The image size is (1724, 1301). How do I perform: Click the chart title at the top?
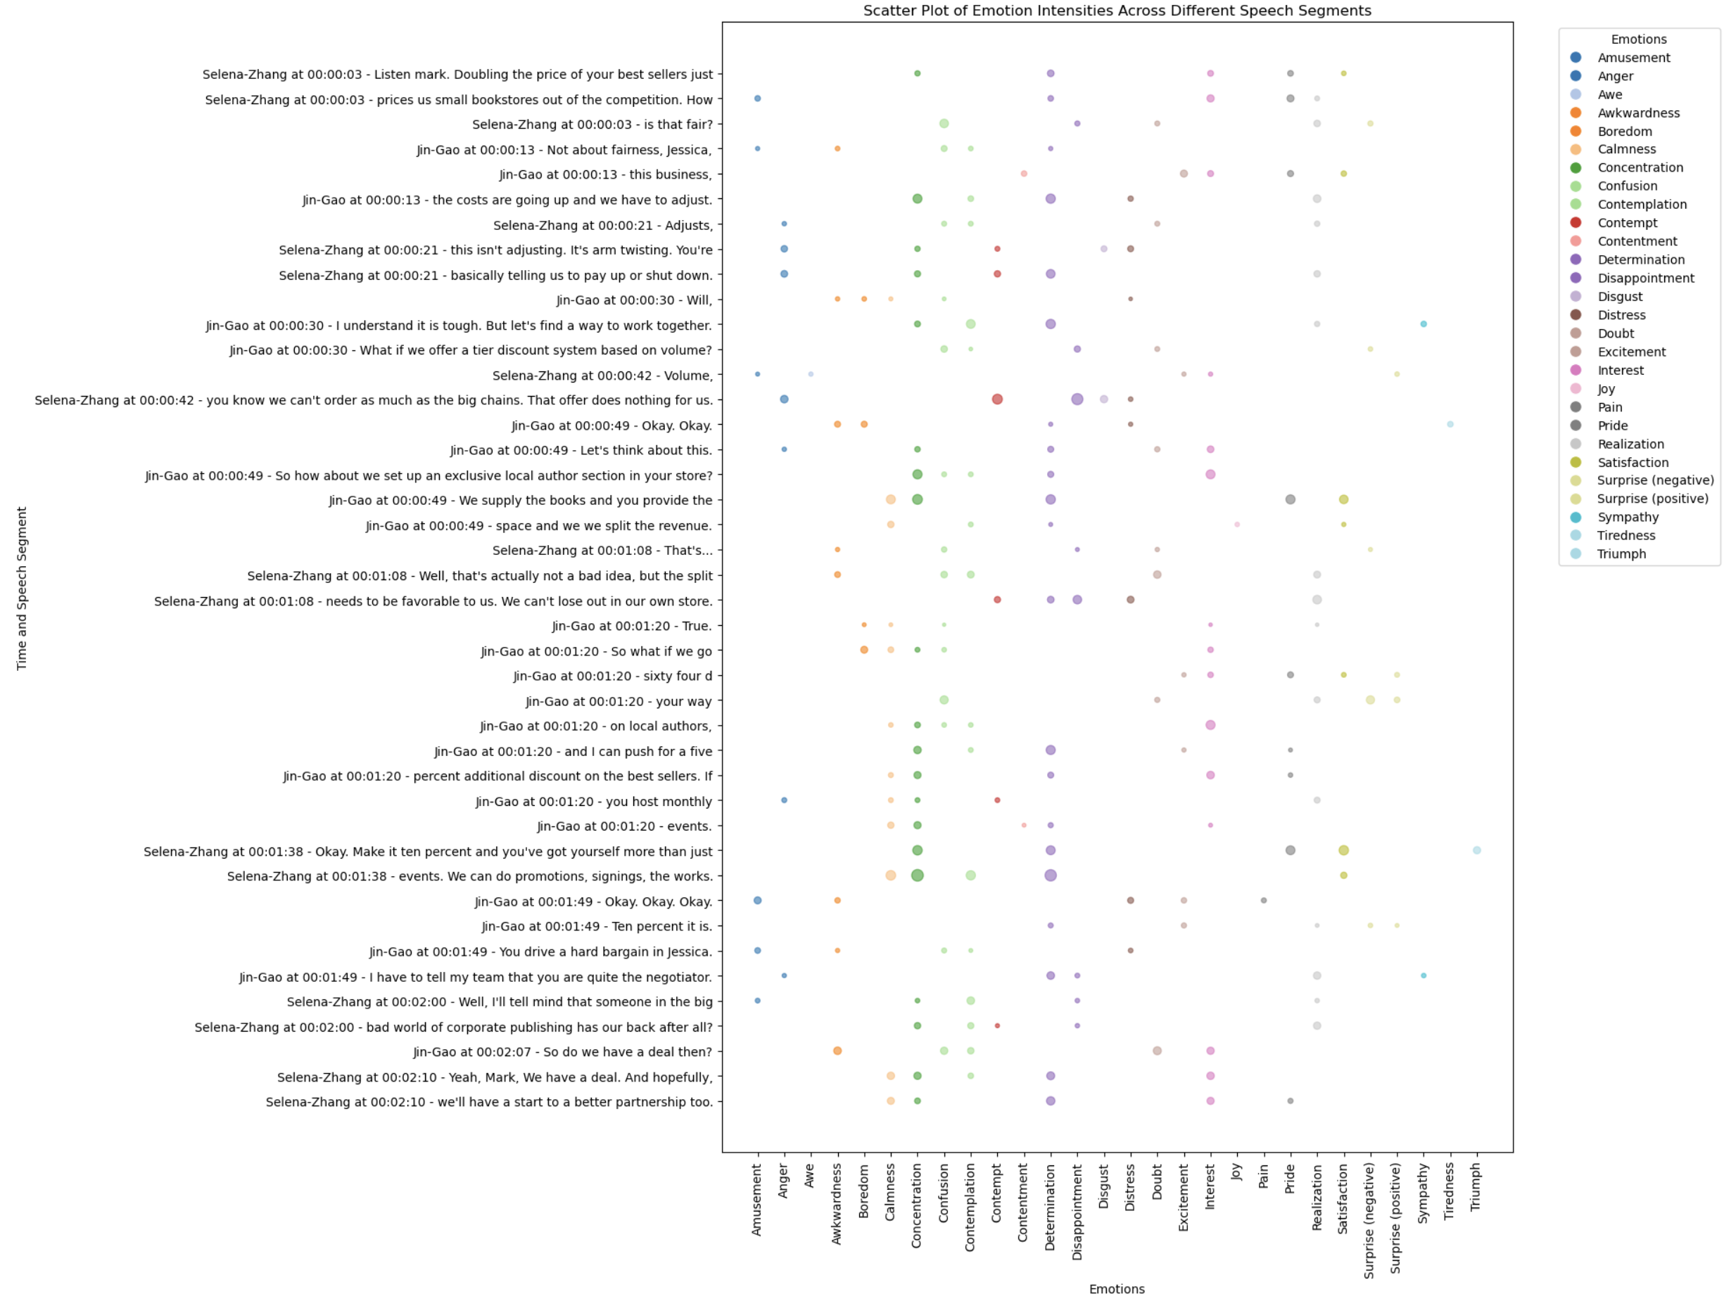(x=1117, y=11)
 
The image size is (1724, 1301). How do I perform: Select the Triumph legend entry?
(x=1621, y=554)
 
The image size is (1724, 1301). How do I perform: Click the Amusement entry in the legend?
(x=1634, y=58)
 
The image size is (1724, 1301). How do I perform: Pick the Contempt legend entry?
(x=1628, y=223)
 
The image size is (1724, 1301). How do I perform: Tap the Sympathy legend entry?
(x=1628, y=518)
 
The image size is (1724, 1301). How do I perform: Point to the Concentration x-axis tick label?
(x=917, y=1205)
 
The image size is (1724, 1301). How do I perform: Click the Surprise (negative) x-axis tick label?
(x=1369, y=1220)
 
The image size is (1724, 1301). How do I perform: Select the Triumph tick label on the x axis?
(x=1476, y=1186)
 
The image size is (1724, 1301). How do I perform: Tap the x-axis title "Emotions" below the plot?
(x=1117, y=1289)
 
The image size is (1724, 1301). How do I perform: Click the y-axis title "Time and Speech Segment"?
(x=22, y=588)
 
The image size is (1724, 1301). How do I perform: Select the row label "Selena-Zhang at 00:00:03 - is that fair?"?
(x=592, y=124)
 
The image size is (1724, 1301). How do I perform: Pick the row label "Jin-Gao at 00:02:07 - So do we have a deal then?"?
(x=563, y=1052)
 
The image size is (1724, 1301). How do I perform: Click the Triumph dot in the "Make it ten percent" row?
(x=1477, y=850)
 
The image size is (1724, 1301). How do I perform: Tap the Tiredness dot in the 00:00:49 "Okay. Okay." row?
(x=1450, y=425)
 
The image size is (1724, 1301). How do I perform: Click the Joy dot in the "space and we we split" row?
(x=1237, y=525)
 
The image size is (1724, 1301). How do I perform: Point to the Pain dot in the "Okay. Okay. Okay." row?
(x=1263, y=901)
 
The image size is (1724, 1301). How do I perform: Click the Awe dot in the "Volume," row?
(x=811, y=375)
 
